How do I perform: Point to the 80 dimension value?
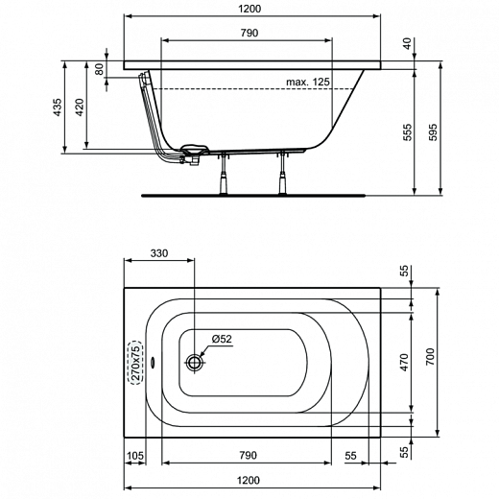[x=98, y=72]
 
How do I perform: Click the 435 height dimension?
[x=58, y=107]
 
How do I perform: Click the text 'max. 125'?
[x=308, y=83]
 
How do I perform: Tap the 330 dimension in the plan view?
[x=159, y=253]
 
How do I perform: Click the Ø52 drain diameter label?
[x=222, y=339]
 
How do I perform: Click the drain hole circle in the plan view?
[x=196, y=363]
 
